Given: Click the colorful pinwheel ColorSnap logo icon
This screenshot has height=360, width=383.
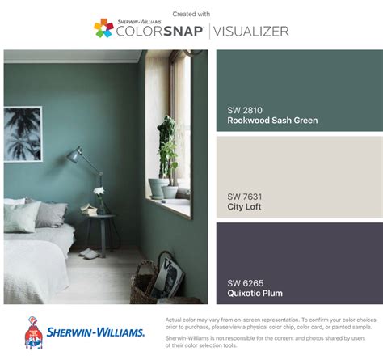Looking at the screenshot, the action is [103, 28].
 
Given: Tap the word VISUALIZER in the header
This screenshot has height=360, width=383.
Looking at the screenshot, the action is [251, 32].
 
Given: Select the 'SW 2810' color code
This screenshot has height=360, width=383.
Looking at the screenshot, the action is [245, 110].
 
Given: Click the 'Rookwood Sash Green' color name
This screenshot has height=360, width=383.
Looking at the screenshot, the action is [272, 121].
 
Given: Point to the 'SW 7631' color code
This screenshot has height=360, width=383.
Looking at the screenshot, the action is [245, 197].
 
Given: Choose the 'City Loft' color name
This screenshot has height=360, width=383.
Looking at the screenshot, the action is [244, 207].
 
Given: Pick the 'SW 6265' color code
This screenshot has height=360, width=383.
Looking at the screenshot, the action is [246, 283].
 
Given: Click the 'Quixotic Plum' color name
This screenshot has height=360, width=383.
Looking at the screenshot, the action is [255, 293].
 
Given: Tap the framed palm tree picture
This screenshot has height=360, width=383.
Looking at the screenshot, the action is [23, 134].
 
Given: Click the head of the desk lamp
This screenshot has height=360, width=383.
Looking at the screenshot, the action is [74, 155].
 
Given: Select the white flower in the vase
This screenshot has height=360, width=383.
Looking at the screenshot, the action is [99, 191].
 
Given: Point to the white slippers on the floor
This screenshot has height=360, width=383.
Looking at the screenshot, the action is [89, 253].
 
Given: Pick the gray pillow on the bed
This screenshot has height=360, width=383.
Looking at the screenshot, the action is [51, 214].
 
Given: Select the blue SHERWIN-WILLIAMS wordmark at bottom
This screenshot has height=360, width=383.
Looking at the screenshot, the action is [95, 332].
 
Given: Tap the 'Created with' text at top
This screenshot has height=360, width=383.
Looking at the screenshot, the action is [191, 14].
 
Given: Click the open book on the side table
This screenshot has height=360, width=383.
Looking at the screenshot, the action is [88, 209].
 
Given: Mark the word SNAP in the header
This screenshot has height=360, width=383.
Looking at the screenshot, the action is [183, 32].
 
